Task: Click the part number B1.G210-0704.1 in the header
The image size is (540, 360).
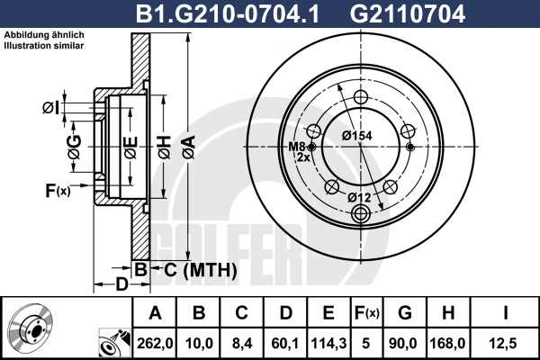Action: point(228,14)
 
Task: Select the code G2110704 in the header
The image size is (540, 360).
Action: point(408,14)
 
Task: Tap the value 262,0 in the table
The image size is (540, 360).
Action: point(155,343)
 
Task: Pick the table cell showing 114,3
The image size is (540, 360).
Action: point(328,343)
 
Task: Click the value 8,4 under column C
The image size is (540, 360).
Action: point(242,343)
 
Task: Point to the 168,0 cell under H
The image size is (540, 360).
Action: point(447,343)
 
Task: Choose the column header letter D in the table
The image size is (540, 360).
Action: point(286,313)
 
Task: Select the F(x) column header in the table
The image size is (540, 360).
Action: point(367,313)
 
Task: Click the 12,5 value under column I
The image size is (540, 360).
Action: point(503,343)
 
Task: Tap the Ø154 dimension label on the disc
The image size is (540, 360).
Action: point(357,136)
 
